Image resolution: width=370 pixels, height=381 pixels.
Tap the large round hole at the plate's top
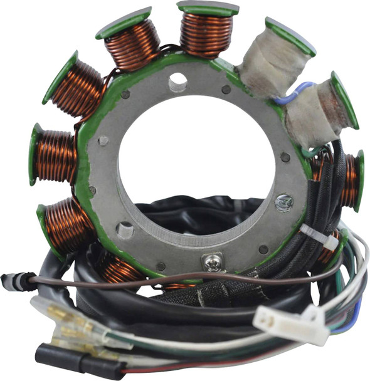click(177, 80)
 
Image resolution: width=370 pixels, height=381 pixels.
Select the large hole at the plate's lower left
click(125, 230)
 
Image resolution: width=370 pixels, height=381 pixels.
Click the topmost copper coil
click(206, 35)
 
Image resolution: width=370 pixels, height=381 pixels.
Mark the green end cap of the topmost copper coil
click(208, 9)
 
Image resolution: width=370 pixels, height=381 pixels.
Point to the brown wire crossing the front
click(188, 277)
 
